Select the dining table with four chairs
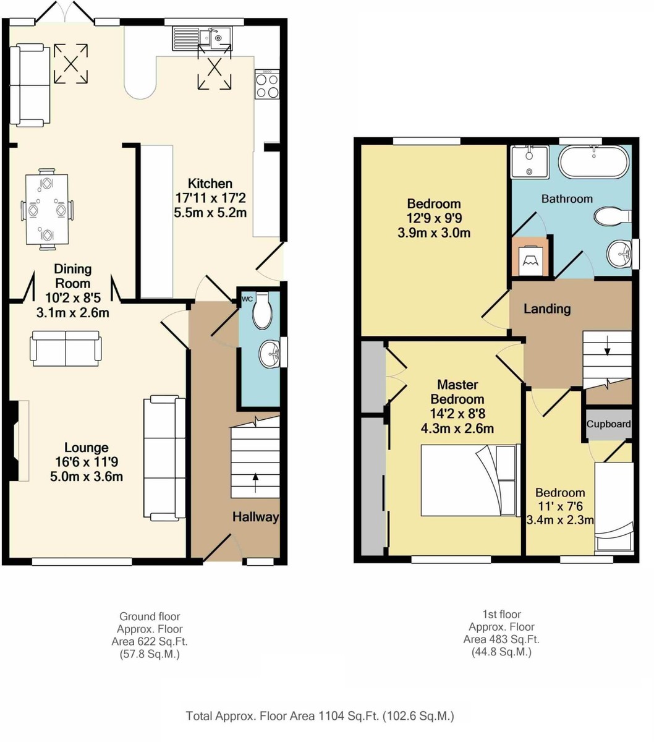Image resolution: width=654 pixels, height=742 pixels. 47,209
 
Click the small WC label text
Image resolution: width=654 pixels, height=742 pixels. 247,299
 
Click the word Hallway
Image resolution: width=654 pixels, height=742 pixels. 255,517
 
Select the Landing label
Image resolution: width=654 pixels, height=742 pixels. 547,309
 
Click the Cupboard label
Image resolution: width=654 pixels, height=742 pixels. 608,424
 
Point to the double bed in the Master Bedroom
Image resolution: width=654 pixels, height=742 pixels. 468,480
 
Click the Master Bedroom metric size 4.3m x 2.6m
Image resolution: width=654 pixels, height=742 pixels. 457,429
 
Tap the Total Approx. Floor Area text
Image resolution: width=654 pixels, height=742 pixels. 320,716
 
